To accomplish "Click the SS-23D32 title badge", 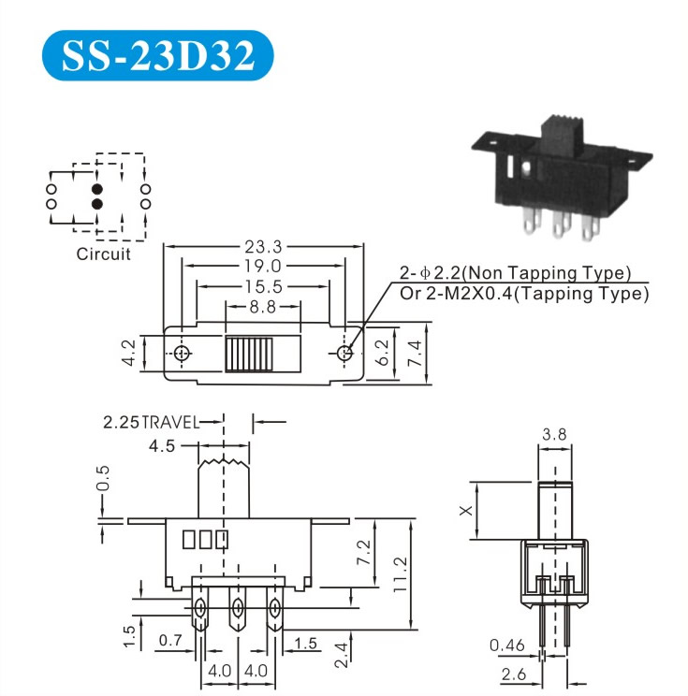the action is pyautogui.click(x=157, y=55).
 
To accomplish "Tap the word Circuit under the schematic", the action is pyautogui.click(x=104, y=254).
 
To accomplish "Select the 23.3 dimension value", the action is pyautogui.click(x=263, y=246).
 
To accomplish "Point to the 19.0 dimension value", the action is pyautogui.click(x=262, y=266).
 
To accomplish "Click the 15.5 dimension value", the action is pyautogui.click(x=264, y=287).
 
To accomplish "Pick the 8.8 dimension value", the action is pyautogui.click(x=263, y=307).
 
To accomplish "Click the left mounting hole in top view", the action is pyautogui.click(x=182, y=354).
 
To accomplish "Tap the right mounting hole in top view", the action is pyautogui.click(x=344, y=354).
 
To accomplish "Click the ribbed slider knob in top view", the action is pyautogui.click(x=249, y=355).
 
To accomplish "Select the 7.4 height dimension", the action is pyautogui.click(x=415, y=353).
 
